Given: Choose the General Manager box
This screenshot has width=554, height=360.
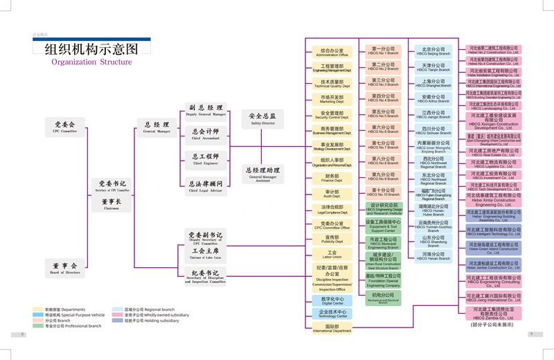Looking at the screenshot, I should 157,125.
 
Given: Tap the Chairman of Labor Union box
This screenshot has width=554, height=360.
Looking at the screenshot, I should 206,253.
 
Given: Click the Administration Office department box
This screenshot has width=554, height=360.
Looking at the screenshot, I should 332,53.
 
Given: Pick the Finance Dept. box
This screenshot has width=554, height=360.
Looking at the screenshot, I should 332,178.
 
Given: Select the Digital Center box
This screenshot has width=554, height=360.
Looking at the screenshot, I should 332,300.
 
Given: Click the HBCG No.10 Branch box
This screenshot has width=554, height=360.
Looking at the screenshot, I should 383,192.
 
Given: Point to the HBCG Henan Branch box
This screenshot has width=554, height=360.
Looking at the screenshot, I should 434,256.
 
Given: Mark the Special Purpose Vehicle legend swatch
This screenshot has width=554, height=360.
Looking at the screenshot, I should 37,314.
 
